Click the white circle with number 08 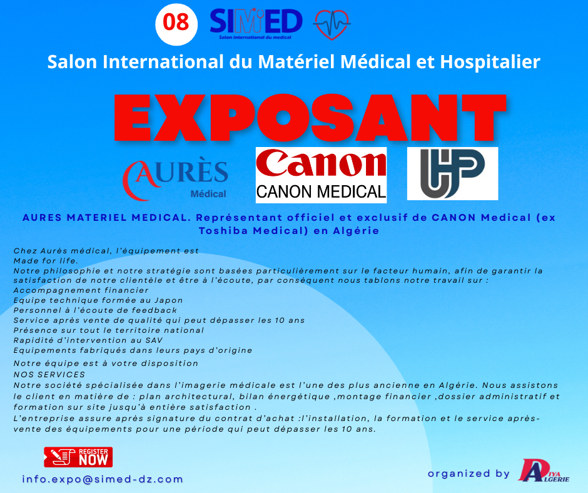point(176,24)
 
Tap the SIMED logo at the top point(256,23)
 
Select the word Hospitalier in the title point(490,62)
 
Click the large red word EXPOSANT point(310,118)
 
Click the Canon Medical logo point(321,175)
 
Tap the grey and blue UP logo point(453,173)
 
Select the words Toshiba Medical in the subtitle point(251,231)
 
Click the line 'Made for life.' point(46,261)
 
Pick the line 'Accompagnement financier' point(81,290)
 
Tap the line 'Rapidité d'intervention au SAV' point(88,340)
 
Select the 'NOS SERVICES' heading point(49,374)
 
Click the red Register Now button point(78,457)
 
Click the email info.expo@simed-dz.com point(103,479)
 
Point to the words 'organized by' point(469,474)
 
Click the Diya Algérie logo point(544,470)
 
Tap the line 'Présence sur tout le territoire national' point(109,330)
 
